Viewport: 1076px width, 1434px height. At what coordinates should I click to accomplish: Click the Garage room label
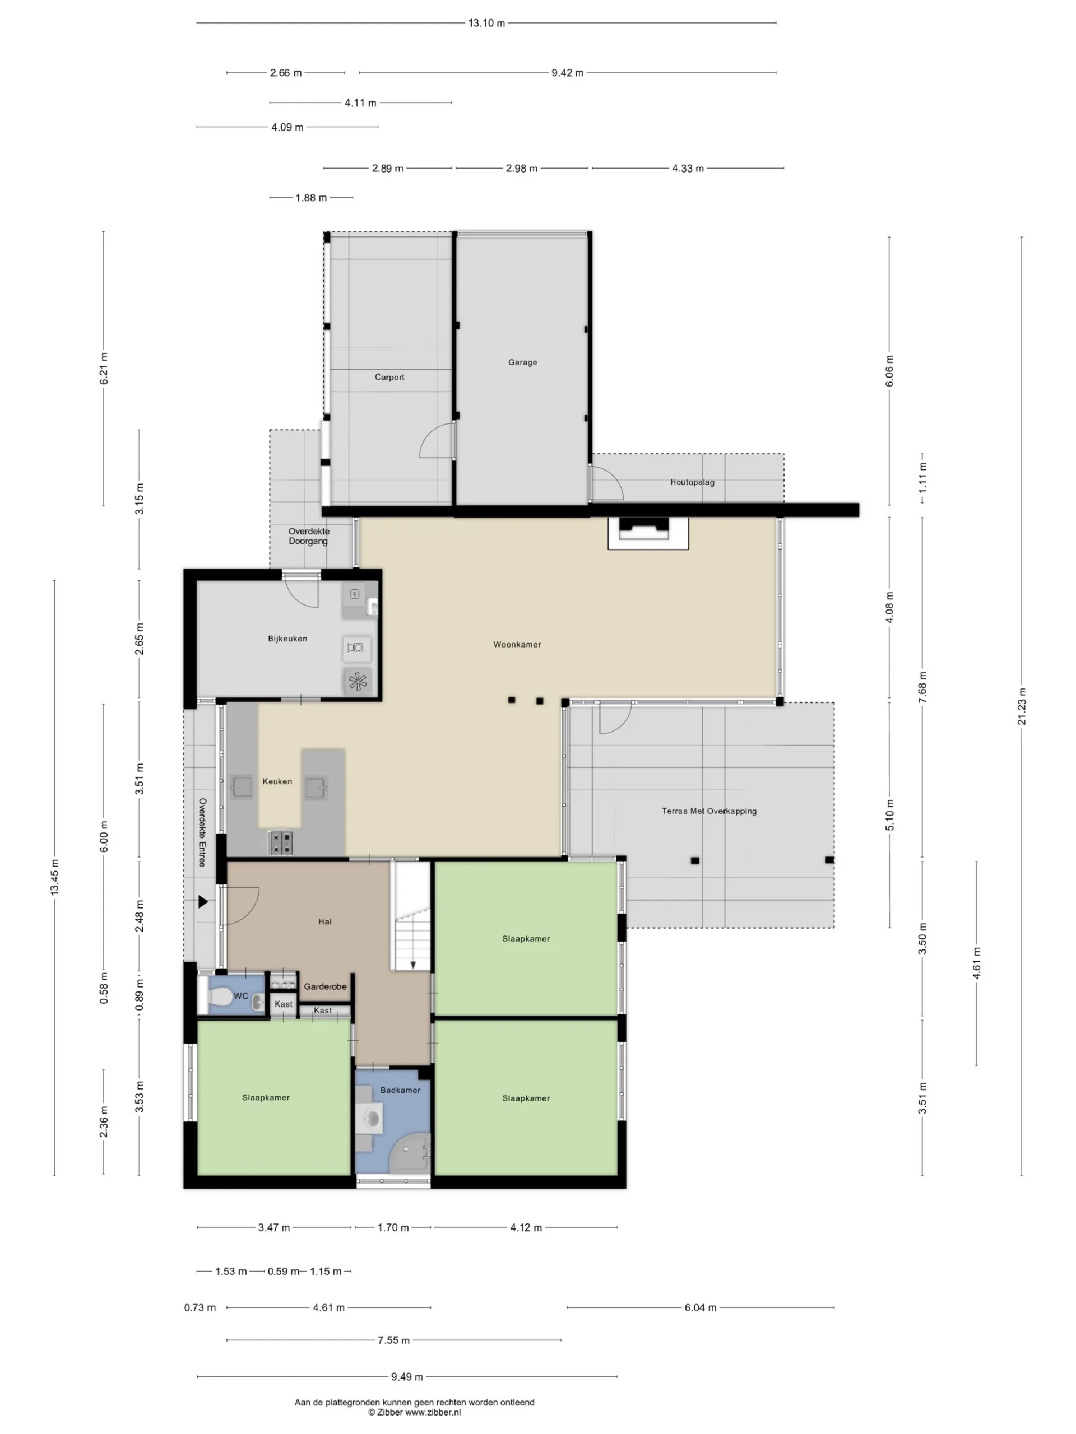[522, 362]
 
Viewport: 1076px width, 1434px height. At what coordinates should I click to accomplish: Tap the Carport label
[389, 378]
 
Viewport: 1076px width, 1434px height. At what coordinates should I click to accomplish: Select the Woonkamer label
[517, 644]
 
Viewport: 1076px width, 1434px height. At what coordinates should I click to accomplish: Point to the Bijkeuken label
[287, 639]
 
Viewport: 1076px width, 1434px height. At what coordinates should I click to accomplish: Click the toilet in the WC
[219, 997]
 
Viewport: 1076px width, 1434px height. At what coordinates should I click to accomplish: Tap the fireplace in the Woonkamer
[648, 533]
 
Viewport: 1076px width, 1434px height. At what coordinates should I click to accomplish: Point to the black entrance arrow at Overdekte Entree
[203, 902]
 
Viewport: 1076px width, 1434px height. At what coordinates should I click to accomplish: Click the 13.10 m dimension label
[486, 24]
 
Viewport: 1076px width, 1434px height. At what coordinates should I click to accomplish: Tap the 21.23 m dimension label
[1022, 706]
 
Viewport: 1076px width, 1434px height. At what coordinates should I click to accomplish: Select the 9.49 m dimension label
[407, 1377]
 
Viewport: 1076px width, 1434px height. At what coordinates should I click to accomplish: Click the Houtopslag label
[692, 482]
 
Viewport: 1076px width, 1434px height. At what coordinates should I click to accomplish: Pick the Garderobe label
[325, 986]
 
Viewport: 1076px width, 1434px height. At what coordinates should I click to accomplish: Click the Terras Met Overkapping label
[709, 811]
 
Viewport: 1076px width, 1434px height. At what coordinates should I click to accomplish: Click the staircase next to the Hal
[411, 916]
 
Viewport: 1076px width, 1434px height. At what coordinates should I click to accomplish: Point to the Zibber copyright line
[415, 1412]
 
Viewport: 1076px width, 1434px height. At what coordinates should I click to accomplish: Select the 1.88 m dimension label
[312, 198]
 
